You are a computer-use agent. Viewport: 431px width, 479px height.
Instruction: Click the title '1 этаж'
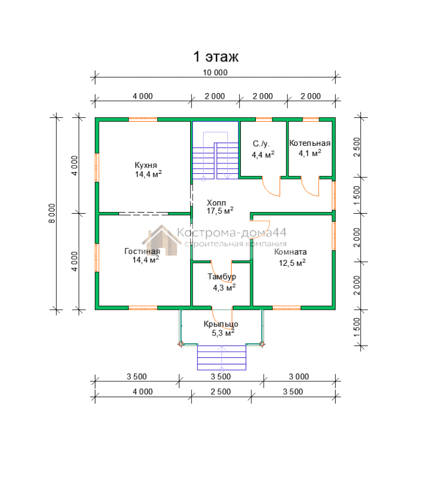coord(216,57)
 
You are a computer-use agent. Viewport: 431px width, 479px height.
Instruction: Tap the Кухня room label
coord(146,165)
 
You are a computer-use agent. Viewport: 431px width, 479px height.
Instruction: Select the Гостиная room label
coord(142,251)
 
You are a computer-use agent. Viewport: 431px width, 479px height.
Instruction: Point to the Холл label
coord(217,203)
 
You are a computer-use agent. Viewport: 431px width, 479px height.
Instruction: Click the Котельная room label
coord(310,143)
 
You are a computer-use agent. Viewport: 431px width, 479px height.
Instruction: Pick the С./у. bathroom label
coord(262,144)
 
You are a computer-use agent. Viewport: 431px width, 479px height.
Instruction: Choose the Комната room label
coord(290,252)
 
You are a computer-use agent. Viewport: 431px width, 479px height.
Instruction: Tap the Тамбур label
coord(222,277)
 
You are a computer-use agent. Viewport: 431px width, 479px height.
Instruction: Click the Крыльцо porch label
coord(221,324)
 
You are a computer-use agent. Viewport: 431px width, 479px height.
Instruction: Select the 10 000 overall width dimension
coord(215,73)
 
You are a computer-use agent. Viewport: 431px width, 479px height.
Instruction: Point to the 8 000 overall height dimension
coord(52,213)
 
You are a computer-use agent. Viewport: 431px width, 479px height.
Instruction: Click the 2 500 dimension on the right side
coord(357,147)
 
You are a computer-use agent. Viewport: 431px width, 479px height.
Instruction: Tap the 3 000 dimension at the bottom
coord(299,377)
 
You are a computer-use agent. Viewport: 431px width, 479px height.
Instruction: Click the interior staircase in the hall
coord(215,155)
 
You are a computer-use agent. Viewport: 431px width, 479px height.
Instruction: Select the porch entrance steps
coord(222,358)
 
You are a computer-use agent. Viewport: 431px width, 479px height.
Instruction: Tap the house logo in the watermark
coord(162,240)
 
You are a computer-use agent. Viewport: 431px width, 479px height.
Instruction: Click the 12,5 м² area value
coord(292,263)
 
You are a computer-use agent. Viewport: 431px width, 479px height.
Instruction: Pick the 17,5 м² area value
coord(220,211)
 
